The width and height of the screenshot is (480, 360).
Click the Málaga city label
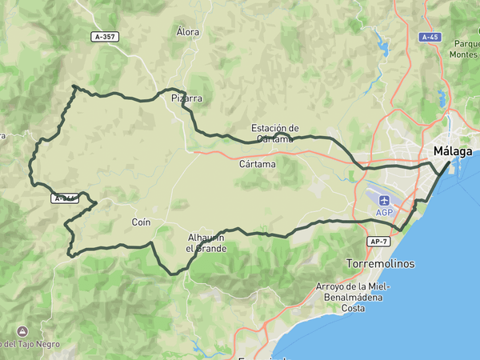(x=452, y=151)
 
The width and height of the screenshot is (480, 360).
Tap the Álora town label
(x=188, y=32)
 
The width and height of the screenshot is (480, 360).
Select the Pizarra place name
(x=186, y=98)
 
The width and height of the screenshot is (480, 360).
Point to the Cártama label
(x=258, y=164)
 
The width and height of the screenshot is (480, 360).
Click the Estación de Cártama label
(x=274, y=133)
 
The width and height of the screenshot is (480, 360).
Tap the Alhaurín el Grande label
(x=206, y=243)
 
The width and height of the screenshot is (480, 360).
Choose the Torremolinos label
(x=381, y=263)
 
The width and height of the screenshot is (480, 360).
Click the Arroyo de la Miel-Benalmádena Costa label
(x=353, y=297)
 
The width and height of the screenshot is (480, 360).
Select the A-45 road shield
(x=430, y=37)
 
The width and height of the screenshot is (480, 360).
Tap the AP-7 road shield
(x=380, y=241)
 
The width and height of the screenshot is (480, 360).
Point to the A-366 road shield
(x=66, y=198)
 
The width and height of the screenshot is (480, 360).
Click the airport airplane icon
(x=385, y=200)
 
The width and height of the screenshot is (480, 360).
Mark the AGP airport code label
(x=385, y=212)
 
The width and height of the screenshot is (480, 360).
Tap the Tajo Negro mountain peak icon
(x=21, y=330)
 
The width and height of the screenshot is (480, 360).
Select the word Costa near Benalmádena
(x=353, y=308)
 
